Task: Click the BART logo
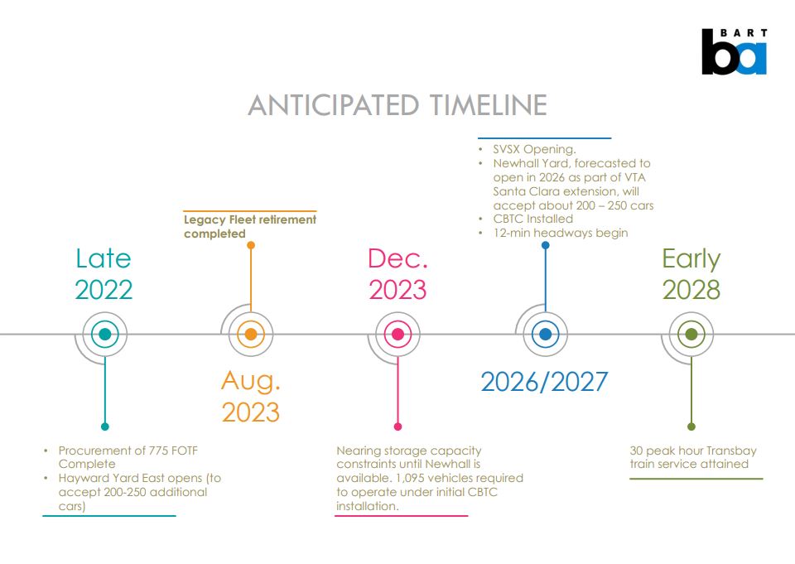734,52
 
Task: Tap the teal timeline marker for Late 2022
104,335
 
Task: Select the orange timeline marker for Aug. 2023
250,335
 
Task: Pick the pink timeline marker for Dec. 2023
397,335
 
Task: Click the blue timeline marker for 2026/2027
544,335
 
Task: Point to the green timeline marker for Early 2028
691,335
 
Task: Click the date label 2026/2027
544,382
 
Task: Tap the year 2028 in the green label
691,290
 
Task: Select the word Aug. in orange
250,381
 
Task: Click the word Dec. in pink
397,258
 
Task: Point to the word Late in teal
104,258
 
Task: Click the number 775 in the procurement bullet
153,451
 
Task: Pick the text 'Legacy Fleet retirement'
249,219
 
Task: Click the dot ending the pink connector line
397,427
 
